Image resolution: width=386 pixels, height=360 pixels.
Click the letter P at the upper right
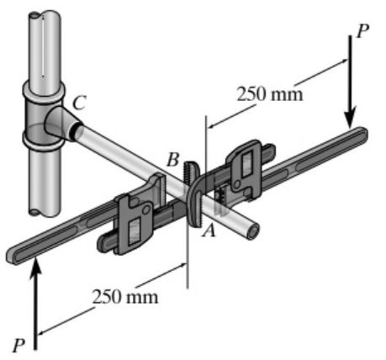362,31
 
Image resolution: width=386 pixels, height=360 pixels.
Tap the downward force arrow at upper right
352,88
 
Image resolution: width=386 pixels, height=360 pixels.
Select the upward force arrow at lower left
36,294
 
